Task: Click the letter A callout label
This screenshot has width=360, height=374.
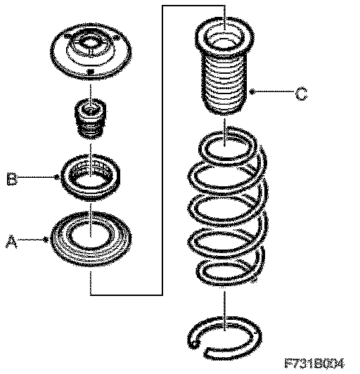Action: tap(11, 241)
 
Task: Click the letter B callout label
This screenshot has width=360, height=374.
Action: tap(12, 179)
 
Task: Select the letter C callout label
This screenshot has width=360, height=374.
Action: tap(302, 93)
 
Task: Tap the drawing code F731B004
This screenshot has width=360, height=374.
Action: tap(314, 363)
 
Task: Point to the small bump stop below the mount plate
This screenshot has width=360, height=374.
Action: tap(91, 119)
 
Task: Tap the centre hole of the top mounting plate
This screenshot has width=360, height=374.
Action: tap(91, 44)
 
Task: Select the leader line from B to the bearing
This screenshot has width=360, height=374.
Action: tap(37, 177)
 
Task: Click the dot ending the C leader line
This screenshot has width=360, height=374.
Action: tap(252, 91)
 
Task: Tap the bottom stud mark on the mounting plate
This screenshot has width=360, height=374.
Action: tap(91, 71)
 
